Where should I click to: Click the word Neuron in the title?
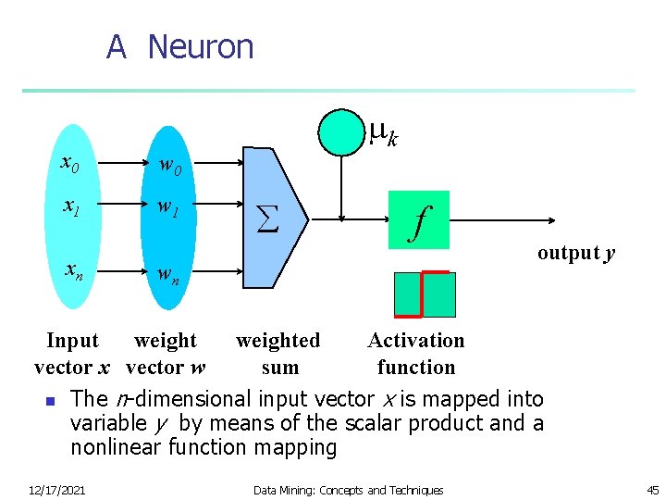click(x=200, y=46)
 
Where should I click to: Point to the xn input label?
click(x=74, y=270)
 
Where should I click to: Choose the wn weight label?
click(x=168, y=275)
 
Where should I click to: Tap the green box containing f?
click(x=419, y=220)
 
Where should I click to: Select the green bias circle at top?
click(x=342, y=131)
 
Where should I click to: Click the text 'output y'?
click(x=576, y=254)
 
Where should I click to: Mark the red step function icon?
click(x=425, y=294)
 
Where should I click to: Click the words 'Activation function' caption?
click(x=416, y=354)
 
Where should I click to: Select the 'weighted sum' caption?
click(x=278, y=354)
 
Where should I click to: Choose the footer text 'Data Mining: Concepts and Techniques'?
click(x=349, y=490)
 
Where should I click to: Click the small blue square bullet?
click(x=51, y=401)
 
